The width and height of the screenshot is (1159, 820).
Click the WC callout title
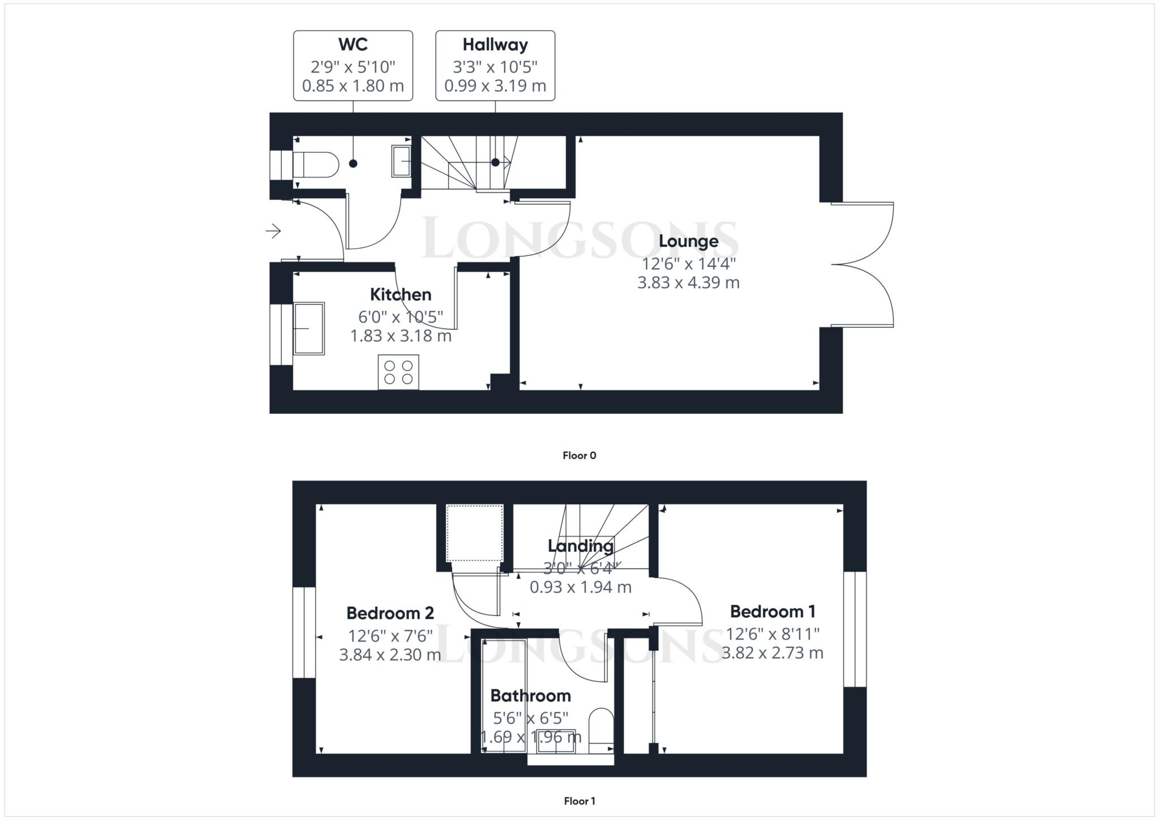[353, 44]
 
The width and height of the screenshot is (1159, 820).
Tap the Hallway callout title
[495, 45]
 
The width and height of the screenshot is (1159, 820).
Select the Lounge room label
[689, 242]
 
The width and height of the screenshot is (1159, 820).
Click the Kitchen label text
[401, 294]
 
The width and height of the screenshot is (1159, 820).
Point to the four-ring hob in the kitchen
[398, 372]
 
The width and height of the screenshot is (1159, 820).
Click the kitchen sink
[308, 328]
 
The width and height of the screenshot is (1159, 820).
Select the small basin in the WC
[401, 161]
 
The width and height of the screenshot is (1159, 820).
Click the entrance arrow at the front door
[273, 231]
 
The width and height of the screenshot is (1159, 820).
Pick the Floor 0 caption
[579, 456]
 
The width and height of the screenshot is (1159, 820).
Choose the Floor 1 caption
[579, 801]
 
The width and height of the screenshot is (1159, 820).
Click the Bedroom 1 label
[772, 611]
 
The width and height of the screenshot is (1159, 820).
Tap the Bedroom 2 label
[390, 613]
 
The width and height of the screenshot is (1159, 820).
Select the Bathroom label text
[530, 696]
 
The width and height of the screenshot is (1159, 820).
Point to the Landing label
[581, 546]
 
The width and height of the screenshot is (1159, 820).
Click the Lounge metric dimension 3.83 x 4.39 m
[689, 282]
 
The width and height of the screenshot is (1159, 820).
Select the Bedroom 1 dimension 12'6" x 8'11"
[772, 633]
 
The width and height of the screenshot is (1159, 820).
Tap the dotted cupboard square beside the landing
[474, 533]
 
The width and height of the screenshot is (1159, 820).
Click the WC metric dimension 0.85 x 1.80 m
[353, 86]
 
